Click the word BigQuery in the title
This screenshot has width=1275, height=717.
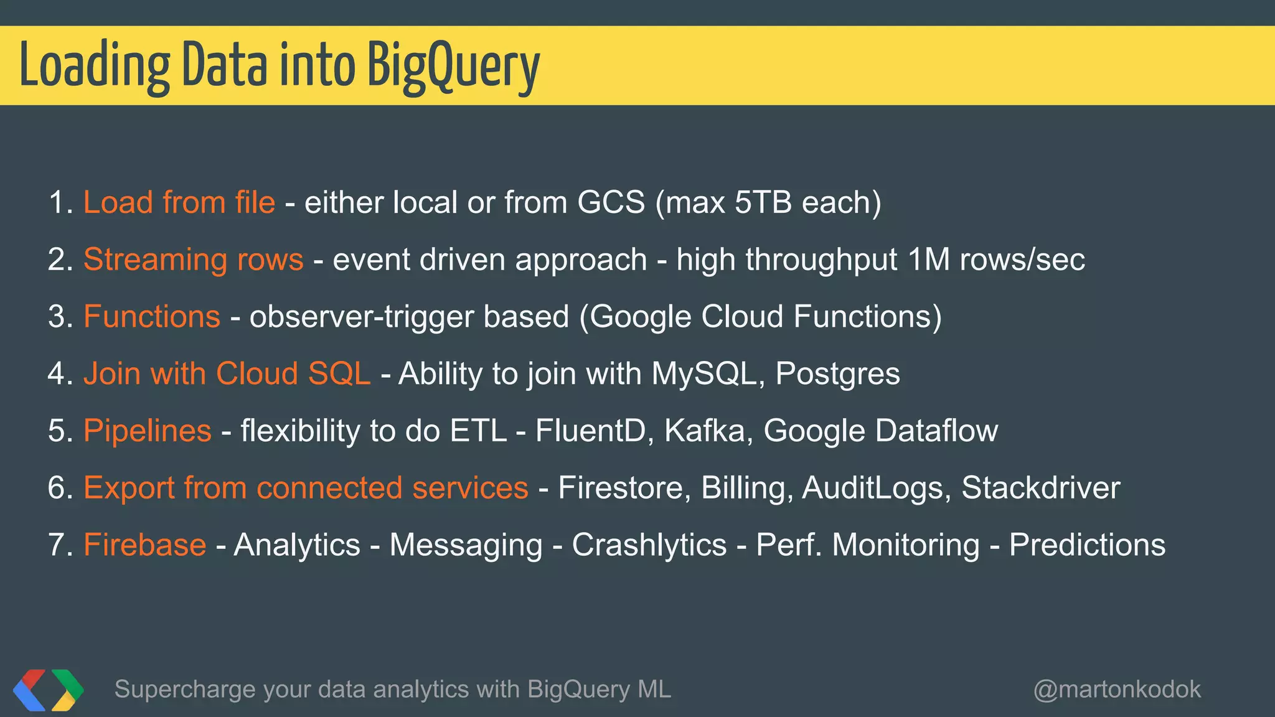point(453,66)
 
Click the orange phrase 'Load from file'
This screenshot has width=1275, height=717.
point(179,202)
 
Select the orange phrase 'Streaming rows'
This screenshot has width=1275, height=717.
point(194,260)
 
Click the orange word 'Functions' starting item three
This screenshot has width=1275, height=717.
point(152,316)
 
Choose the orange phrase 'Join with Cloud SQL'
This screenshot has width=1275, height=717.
point(227,373)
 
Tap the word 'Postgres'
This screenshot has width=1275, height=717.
point(837,374)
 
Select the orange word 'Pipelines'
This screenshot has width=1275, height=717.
point(148,431)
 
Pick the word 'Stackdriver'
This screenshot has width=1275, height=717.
point(1040,487)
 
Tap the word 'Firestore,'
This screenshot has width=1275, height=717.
point(624,487)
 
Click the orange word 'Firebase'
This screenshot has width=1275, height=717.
point(145,545)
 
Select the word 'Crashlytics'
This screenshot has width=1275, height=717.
point(649,545)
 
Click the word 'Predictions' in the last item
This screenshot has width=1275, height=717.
point(1087,545)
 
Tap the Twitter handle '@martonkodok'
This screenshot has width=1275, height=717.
point(1117,689)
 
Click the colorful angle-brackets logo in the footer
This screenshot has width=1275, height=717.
point(48,690)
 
